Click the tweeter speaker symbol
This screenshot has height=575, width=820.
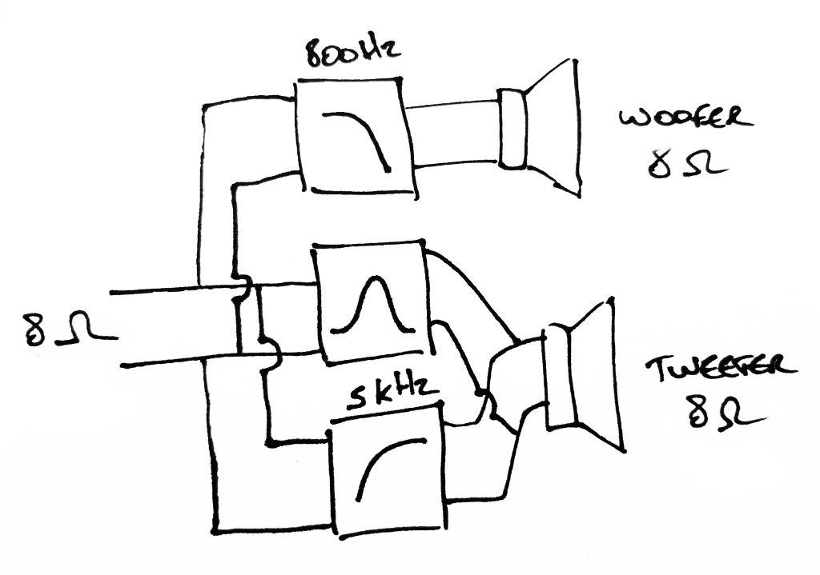click(x=580, y=376)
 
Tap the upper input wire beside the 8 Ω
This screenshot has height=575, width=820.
click(x=160, y=286)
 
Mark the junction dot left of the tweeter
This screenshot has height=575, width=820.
click(x=481, y=393)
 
